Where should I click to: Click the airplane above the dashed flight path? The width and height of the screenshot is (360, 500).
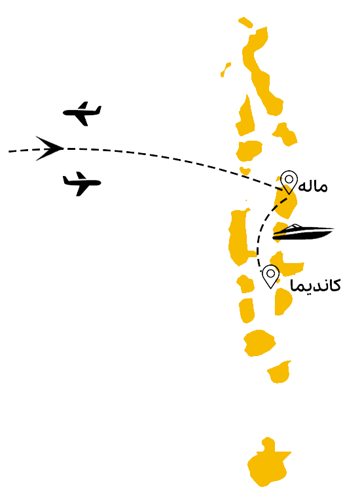tap(82, 113)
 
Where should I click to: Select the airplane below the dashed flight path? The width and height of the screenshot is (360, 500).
tap(82, 183)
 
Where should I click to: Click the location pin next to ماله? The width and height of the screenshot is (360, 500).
tap(289, 182)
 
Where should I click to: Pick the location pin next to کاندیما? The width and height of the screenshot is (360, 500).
tap(271, 276)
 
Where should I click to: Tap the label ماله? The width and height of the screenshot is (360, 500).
tap(313, 187)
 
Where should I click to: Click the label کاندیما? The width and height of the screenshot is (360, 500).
tap(315, 285)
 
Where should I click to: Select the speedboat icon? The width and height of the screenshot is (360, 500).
tap(303, 232)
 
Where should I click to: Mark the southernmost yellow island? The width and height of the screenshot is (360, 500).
tap(268, 463)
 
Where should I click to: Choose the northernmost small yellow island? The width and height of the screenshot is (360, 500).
tap(245, 22)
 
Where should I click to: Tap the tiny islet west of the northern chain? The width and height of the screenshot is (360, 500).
tap(225, 69)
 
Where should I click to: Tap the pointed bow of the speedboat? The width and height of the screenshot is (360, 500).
tap(333, 228)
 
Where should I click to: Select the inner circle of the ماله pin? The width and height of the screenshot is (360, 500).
tap(289, 179)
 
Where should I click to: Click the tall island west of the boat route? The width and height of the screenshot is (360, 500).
tap(239, 237)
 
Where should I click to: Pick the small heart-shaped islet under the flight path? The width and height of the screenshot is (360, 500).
tap(245, 170)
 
